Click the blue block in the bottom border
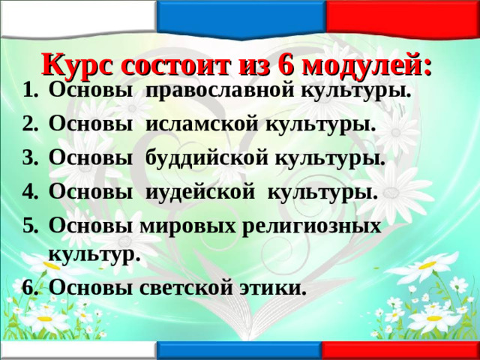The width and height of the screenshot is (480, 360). click(240, 351)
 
